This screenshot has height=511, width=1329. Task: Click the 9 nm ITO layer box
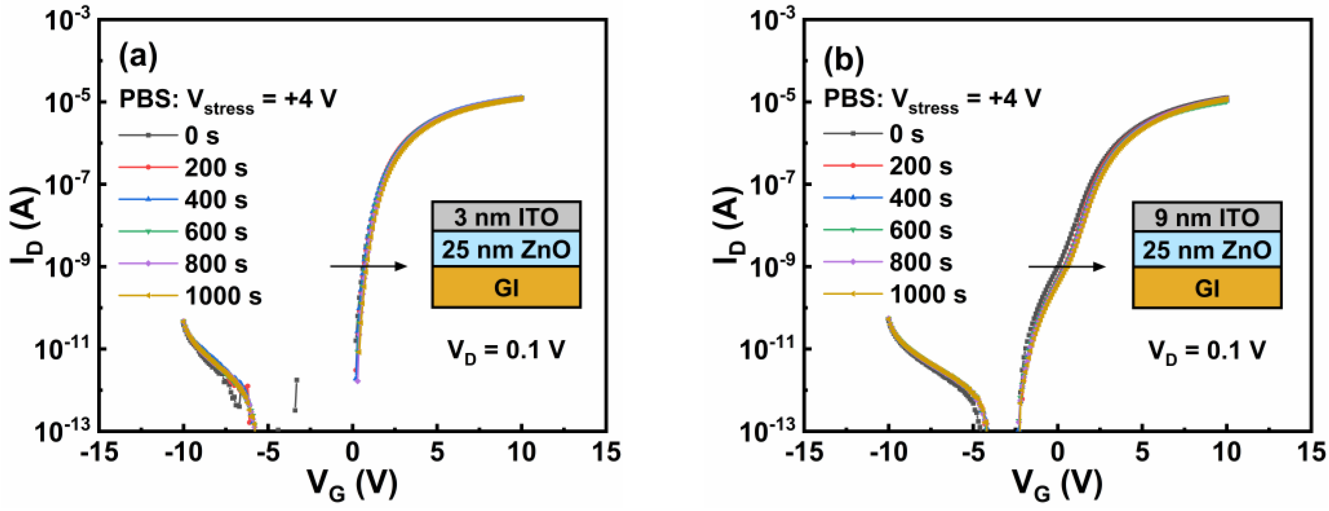click(x=1207, y=217)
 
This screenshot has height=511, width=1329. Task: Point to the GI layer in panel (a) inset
click(x=506, y=288)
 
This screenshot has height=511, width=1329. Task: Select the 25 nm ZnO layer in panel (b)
click(x=1207, y=250)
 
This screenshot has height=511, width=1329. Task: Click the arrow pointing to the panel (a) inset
click(x=368, y=266)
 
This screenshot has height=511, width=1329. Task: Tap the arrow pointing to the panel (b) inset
click(x=1067, y=266)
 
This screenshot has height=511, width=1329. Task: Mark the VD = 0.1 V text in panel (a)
click(x=506, y=351)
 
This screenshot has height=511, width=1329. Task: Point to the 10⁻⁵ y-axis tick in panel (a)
click(x=68, y=102)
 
